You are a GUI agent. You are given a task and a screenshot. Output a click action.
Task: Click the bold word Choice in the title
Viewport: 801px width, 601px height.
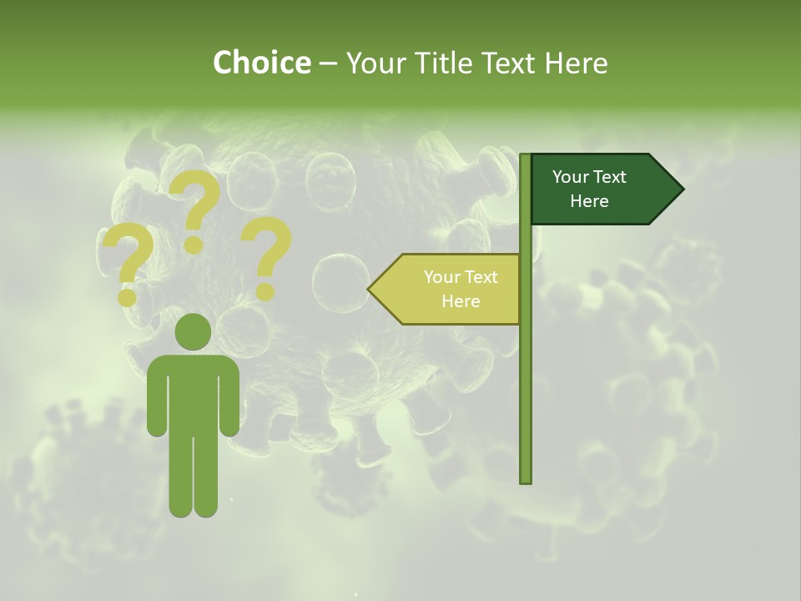tap(261, 63)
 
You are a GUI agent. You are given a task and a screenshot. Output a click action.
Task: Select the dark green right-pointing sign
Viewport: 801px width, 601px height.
tap(601, 189)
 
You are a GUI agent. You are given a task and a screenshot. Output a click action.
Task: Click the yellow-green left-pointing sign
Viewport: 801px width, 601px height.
tap(451, 289)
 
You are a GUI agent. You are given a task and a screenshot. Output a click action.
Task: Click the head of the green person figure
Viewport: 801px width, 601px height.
tap(193, 332)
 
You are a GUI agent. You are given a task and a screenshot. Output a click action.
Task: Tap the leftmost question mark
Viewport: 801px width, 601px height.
tap(128, 265)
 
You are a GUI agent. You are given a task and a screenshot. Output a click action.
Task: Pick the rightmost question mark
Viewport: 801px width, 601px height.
tap(266, 257)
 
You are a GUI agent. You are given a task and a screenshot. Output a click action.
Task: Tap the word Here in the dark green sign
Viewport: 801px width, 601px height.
tap(589, 201)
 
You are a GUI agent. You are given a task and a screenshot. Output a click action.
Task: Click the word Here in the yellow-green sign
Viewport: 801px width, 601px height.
tap(461, 301)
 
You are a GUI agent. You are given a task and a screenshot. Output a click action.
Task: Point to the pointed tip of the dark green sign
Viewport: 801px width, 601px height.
tap(679, 189)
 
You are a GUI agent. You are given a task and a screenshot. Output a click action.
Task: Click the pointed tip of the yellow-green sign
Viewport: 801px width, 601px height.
tap(372, 289)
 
